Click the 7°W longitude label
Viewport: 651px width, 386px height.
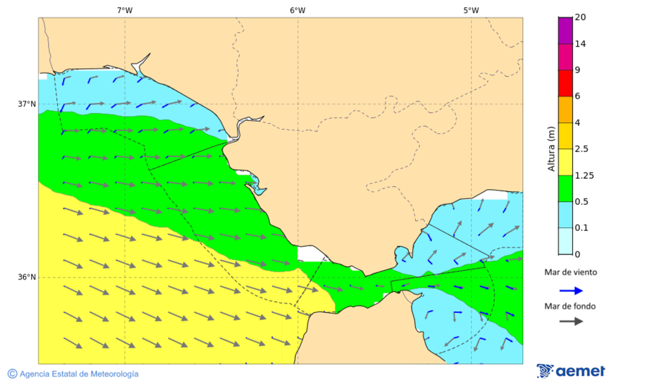point(124,10)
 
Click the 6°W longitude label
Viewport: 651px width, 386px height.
point(297,10)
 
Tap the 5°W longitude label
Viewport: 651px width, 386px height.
point(471,10)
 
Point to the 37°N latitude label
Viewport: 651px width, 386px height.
point(27,104)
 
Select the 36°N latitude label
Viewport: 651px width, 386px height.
point(27,277)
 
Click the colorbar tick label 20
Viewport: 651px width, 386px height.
point(579,17)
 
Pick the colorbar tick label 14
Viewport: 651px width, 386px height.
point(579,43)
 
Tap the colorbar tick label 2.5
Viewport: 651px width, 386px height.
point(582,149)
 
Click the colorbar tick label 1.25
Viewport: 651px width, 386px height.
point(584,175)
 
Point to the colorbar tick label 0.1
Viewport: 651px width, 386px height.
point(582,228)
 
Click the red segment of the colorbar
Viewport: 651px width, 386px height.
point(565,83)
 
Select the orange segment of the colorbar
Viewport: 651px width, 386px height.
point(565,109)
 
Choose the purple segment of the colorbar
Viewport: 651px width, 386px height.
point(565,30)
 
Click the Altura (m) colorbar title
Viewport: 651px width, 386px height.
point(551,148)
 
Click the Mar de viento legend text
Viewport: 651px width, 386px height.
point(571,272)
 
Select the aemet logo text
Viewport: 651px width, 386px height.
point(580,372)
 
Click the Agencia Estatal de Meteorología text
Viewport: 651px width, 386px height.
point(79,374)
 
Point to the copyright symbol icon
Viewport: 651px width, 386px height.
point(12,374)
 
